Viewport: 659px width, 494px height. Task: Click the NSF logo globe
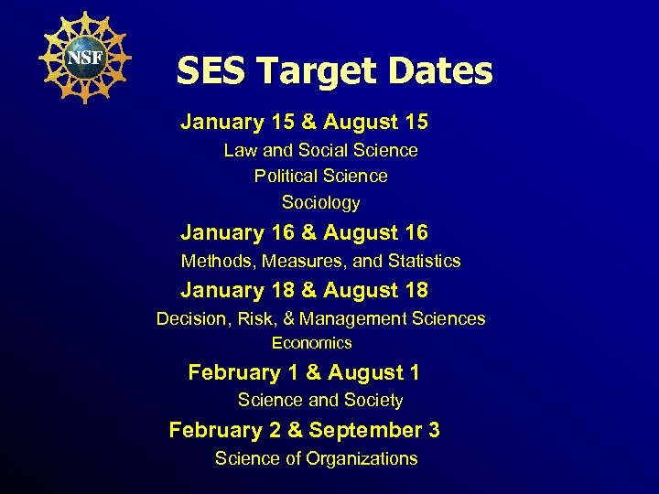[84, 57]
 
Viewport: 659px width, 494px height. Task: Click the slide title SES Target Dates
[334, 70]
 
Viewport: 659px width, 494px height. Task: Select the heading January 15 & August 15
[304, 122]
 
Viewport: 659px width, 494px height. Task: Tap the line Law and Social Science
[320, 150]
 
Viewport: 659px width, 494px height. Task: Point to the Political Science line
[320, 176]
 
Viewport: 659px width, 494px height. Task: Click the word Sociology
[320, 202]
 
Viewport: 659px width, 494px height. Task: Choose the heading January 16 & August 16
[304, 233]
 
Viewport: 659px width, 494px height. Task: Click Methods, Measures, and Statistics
[320, 262]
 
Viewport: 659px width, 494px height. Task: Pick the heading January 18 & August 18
[304, 290]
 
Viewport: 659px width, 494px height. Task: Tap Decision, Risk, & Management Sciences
[320, 319]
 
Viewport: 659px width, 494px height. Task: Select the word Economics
[311, 343]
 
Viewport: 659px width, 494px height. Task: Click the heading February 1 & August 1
[304, 372]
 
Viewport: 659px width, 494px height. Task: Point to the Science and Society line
[320, 401]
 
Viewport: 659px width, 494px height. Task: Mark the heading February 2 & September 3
[304, 430]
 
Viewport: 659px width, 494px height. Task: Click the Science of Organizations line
[316, 459]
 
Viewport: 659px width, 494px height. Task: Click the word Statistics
[424, 262]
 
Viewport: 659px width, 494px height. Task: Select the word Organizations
[362, 459]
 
